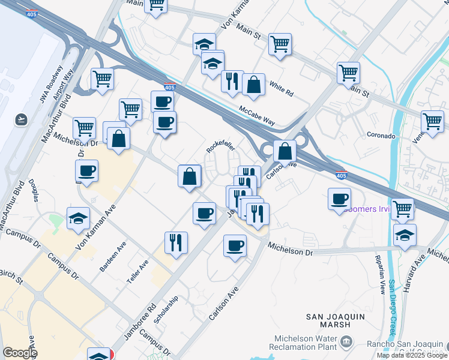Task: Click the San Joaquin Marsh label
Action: click(336, 321)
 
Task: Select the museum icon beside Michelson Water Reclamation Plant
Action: click(346, 342)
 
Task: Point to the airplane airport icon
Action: click(22, 119)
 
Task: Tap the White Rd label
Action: click(281, 89)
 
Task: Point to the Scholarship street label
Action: click(166, 310)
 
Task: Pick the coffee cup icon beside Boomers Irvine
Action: click(340, 199)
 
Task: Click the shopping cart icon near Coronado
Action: click(432, 121)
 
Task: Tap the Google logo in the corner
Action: click(19, 353)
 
